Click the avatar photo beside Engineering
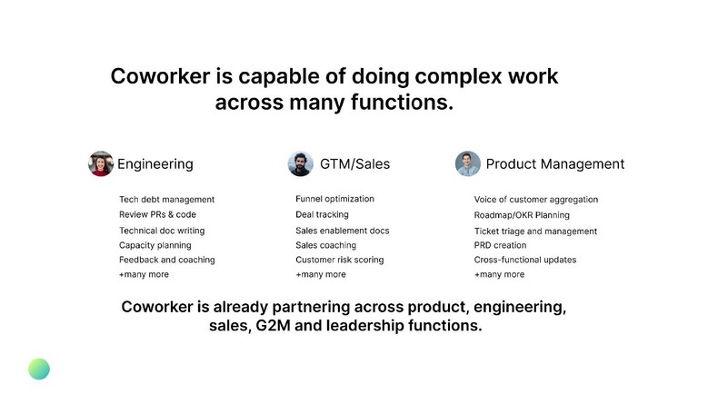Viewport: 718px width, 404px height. [x=100, y=163]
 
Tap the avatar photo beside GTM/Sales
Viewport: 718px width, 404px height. [x=300, y=163]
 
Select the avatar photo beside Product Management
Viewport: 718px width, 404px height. [x=467, y=163]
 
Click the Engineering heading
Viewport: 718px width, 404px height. [x=155, y=164]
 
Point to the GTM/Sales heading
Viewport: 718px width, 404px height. [x=354, y=164]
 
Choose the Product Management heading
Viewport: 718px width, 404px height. [x=554, y=164]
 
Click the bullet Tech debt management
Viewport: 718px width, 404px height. [x=166, y=200]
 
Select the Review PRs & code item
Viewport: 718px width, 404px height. [x=157, y=214]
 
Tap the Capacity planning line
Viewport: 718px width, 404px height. [x=155, y=245]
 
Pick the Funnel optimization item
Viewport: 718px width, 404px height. [x=334, y=199]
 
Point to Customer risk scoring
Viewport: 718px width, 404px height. [x=339, y=260]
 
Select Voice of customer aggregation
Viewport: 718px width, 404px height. [x=535, y=200]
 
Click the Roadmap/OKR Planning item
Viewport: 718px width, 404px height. [x=522, y=215]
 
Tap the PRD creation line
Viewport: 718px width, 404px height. [x=500, y=245]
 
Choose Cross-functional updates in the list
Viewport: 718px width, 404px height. [x=524, y=260]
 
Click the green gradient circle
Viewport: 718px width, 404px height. [x=39, y=369]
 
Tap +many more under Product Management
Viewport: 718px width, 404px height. [x=499, y=274]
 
